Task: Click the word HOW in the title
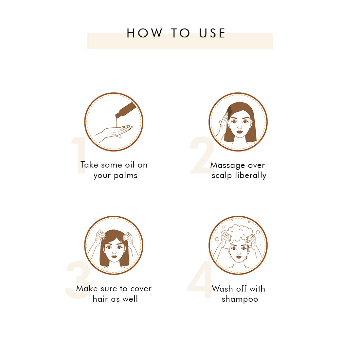pyautogui.click(x=144, y=33)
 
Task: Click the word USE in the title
pyautogui.click(x=212, y=33)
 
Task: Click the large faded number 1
pyautogui.click(x=79, y=155)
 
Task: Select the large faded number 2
pyautogui.click(x=202, y=155)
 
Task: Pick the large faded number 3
pyautogui.click(x=78, y=280)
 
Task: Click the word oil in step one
pyautogui.click(x=130, y=165)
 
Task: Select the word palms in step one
pyautogui.click(x=126, y=176)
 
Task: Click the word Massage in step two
pyautogui.click(x=228, y=166)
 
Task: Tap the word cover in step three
pyautogui.click(x=141, y=289)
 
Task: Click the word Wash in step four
pyautogui.click(x=222, y=289)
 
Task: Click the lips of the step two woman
pyautogui.click(x=240, y=132)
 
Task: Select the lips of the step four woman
pyautogui.click(x=239, y=257)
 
